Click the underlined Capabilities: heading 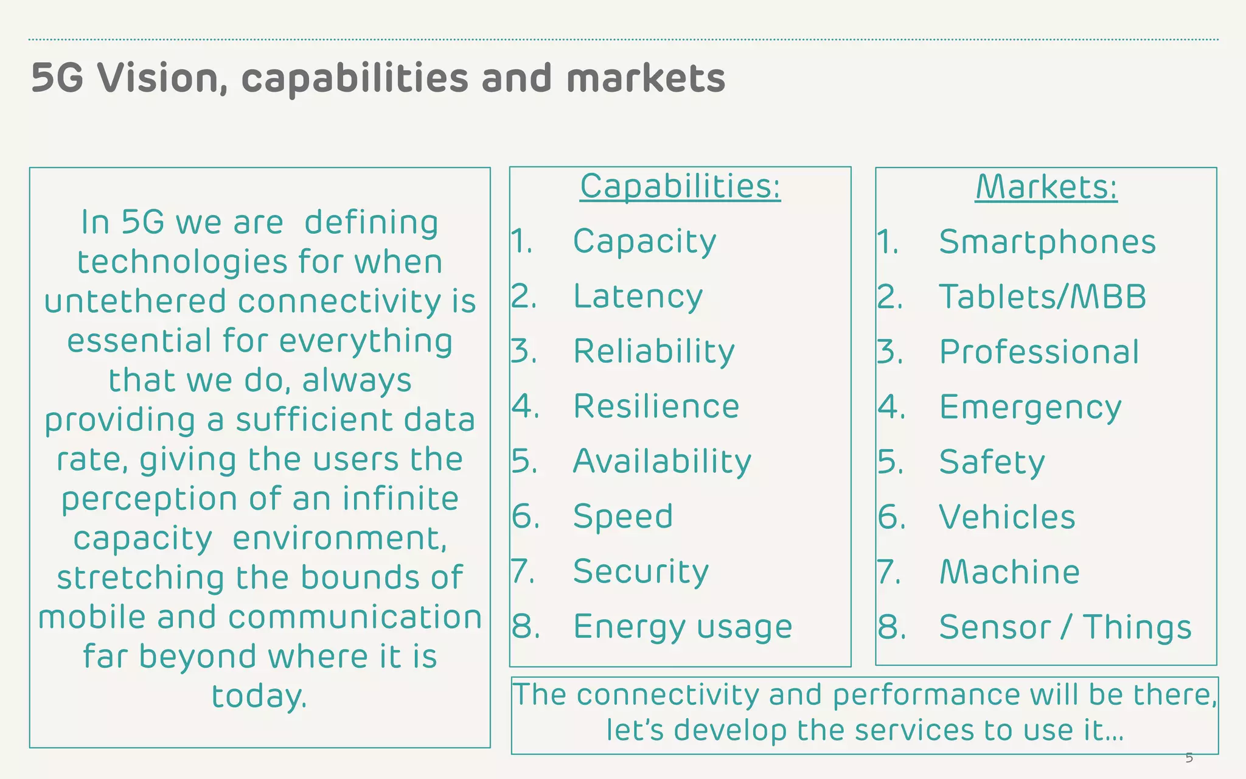(680, 186)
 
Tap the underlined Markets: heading (1046, 186)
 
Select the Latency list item (638, 296)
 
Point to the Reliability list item (654, 351)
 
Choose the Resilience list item (656, 406)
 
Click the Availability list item (662, 461)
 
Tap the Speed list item (623, 516)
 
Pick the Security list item (641, 571)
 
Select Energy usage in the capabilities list (683, 626)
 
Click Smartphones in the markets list (1047, 242)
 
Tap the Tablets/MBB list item (1042, 296)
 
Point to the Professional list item (1039, 352)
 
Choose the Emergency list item (1030, 407)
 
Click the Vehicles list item (1007, 517)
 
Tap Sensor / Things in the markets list (1065, 627)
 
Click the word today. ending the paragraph (259, 696)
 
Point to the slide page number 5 (1189, 758)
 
